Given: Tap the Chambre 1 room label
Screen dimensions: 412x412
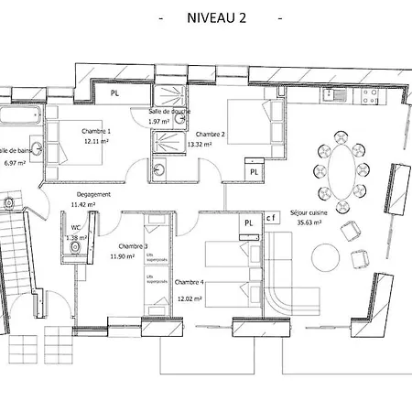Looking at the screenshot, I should tap(96, 131).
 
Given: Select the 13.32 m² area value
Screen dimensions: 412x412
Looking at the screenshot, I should tap(200, 144).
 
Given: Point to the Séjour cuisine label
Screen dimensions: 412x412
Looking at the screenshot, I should tap(309, 211).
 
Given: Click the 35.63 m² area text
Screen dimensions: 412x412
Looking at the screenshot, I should tap(309, 221).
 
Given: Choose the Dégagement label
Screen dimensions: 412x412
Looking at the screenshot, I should tap(92, 194).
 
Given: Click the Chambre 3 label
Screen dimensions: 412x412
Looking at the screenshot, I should tap(134, 246).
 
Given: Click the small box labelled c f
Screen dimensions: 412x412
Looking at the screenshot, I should tap(271, 218).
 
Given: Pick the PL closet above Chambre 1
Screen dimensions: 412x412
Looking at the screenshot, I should tap(114, 92).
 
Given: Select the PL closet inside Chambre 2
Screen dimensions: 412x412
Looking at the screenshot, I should tap(254, 170).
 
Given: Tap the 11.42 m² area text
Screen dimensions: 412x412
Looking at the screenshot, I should tap(83, 204).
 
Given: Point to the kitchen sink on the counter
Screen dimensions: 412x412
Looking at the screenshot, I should tap(339, 94).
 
